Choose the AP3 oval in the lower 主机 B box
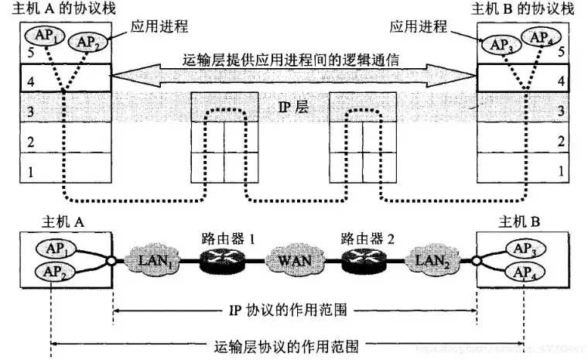click(x=522, y=250)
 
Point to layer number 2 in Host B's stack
click(x=560, y=142)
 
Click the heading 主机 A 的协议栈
click(x=59, y=9)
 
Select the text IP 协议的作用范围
click(x=296, y=311)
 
